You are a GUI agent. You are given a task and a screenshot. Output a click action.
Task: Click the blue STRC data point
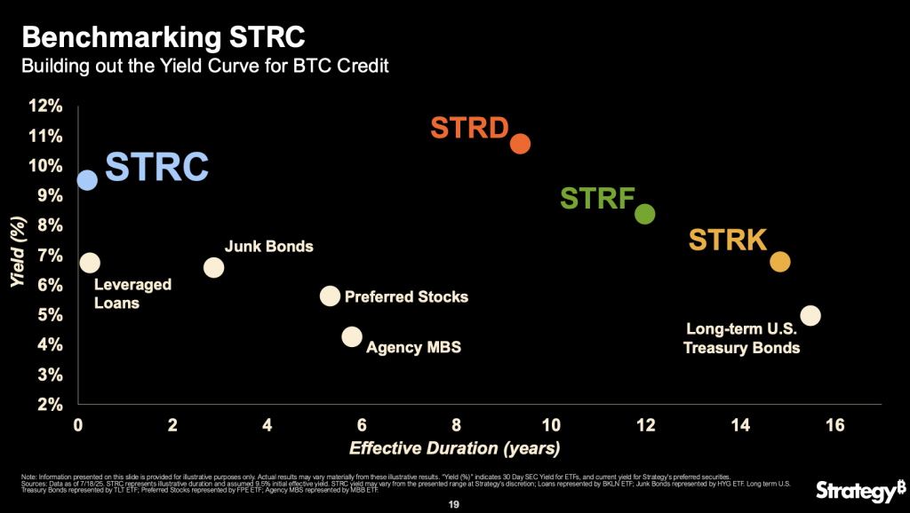[x=87, y=180]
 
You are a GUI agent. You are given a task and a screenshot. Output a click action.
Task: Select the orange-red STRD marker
[x=521, y=143]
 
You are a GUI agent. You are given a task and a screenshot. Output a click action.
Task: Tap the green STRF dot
[x=645, y=214]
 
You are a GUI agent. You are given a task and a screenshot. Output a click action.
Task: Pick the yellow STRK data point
[x=779, y=262]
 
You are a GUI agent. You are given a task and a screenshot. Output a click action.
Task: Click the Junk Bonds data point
[x=214, y=267]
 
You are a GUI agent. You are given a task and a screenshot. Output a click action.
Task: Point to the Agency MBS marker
[x=352, y=336]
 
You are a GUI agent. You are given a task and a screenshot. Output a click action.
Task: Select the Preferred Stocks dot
[x=330, y=296]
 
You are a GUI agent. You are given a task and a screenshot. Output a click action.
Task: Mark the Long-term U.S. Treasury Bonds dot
[x=810, y=315]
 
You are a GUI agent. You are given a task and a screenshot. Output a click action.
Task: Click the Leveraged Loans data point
[x=90, y=262]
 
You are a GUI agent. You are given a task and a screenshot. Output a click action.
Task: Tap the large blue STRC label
[x=157, y=166]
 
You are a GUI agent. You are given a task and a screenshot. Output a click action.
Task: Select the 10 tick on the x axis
[x=551, y=424]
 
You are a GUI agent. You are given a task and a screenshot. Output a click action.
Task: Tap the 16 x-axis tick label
[x=834, y=424]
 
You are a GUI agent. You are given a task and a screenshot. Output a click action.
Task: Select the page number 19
[x=455, y=501]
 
